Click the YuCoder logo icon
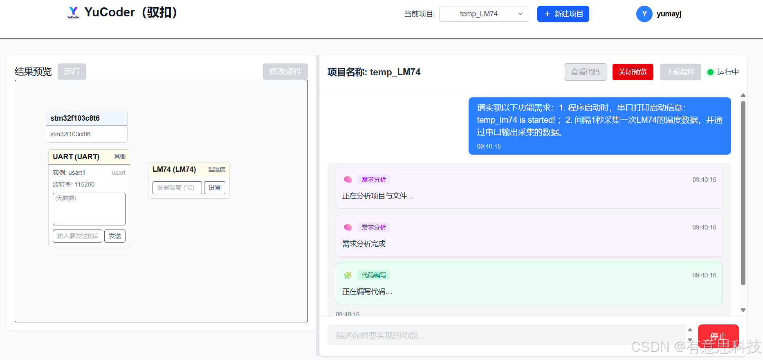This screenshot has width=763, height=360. click(x=74, y=12)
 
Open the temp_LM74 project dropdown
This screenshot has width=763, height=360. click(x=484, y=14)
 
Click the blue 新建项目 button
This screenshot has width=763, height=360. click(x=563, y=14)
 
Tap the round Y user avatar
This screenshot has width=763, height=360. click(x=644, y=14)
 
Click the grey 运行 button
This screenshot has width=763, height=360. click(x=72, y=72)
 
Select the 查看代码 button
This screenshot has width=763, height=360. click(x=585, y=72)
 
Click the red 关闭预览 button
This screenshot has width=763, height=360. click(x=633, y=72)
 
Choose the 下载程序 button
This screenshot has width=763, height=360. click(x=680, y=72)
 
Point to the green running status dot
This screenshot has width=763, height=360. click(x=710, y=72)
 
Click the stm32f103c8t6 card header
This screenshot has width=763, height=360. click(x=87, y=118)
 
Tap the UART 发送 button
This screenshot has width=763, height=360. click(x=115, y=236)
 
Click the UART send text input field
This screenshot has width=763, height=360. click(x=77, y=236)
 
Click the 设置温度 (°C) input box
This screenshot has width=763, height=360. click(x=177, y=188)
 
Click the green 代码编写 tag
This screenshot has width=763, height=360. click(x=373, y=275)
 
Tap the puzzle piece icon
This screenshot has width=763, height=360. click(x=348, y=275)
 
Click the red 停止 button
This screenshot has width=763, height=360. click(x=718, y=335)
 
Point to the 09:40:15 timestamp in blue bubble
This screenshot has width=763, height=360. click(x=489, y=146)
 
